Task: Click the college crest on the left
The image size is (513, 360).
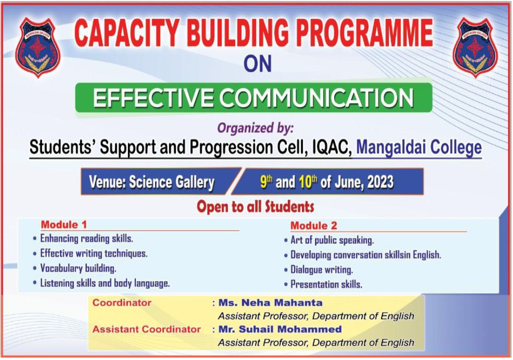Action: (38, 47)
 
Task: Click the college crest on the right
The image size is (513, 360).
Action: (475, 47)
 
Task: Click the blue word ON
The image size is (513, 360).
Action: (258, 63)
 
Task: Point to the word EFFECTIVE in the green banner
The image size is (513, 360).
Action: (153, 98)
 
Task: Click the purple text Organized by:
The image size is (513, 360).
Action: (256, 128)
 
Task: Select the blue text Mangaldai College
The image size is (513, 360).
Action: (419, 147)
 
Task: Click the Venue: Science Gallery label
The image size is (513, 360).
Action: (152, 182)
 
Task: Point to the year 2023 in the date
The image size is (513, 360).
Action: (380, 182)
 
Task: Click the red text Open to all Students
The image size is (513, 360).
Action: (255, 206)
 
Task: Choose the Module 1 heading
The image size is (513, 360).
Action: (64, 225)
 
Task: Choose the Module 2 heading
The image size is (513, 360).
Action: (313, 226)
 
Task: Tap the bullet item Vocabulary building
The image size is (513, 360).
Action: (78, 268)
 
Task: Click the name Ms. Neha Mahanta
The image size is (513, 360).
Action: (270, 302)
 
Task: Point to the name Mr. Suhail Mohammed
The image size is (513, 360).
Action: (280, 329)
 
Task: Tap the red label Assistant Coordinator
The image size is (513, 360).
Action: (146, 329)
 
